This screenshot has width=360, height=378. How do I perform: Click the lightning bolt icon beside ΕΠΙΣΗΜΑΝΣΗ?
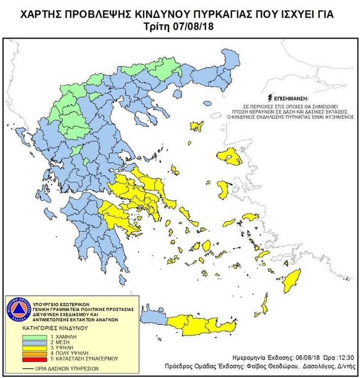click(x=269, y=97)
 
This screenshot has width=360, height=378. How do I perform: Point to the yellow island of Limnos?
click(x=197, y=126)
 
